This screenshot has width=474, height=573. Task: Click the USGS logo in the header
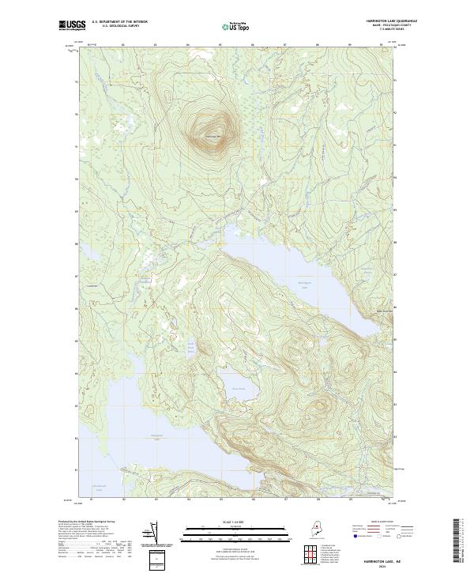[72, 26]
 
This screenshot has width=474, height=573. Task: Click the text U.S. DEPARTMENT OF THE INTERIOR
[120, 22]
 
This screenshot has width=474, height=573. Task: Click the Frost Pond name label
[238, 388]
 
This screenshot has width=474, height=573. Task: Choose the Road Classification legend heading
[375, 523]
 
